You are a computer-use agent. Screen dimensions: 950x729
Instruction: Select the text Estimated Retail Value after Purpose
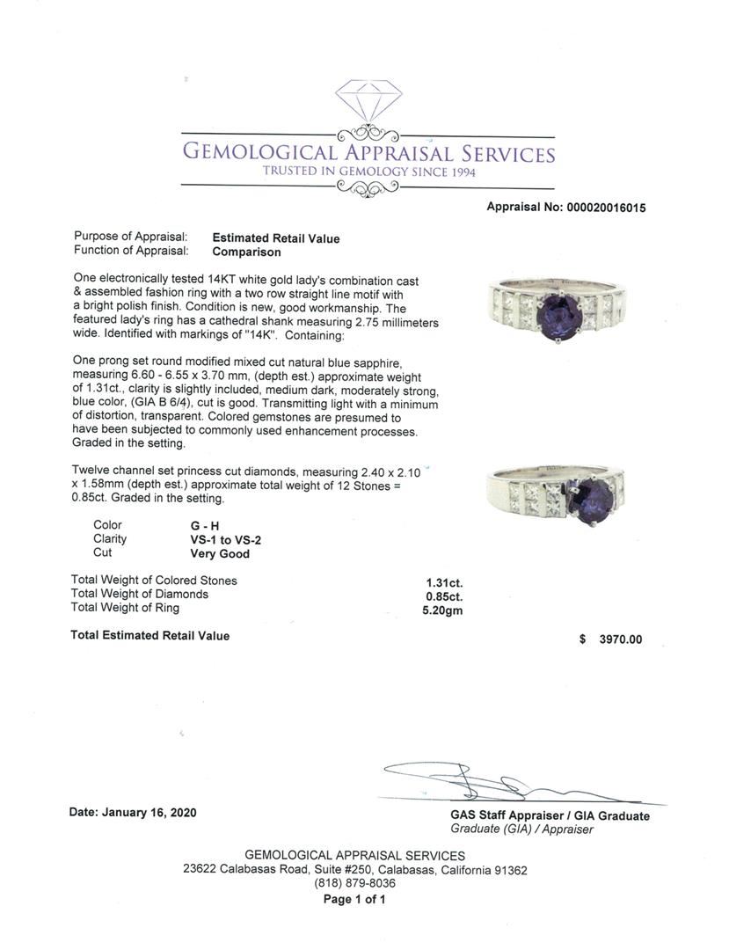click(275, 238)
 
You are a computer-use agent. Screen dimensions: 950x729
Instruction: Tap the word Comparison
click(246, 252)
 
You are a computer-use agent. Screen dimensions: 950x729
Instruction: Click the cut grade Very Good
click(220, 554)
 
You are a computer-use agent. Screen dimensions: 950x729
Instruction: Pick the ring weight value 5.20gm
click(442, 609)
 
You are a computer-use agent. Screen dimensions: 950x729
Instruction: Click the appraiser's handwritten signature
click(492, 781)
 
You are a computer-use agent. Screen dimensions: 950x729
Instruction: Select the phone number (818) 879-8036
click(354, 884)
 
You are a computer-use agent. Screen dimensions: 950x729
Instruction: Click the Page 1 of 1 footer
click(354, 899)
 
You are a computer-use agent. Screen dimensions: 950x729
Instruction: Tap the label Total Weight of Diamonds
click(140, 595)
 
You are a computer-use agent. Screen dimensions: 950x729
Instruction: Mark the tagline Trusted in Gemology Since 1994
click(368, 172)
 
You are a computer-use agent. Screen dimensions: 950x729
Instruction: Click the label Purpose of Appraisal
click(131, 237)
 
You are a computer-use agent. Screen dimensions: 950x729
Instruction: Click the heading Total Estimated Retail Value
click(149, 636)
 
